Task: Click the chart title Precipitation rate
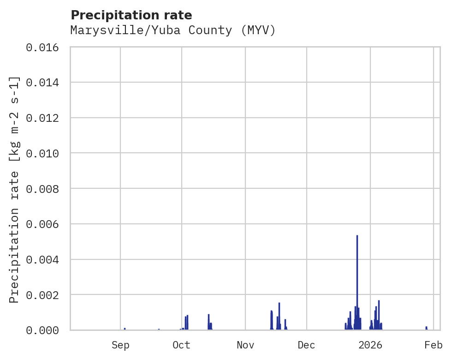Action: [131, 15]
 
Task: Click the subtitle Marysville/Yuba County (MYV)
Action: [173, 30]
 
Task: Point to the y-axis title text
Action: [14, 189]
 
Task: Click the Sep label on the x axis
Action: [120, 345]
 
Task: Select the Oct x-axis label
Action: [182, 345]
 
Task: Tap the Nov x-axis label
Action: [245, 345]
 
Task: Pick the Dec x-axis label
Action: [307, 345]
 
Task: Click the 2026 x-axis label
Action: [370, 345]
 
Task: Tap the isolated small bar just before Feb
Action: [426, 328]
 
